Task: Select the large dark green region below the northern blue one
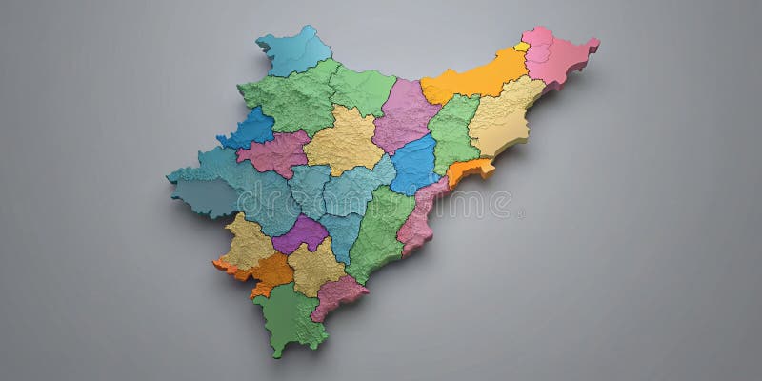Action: tap(291, 100)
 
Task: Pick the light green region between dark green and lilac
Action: tap(362, 90)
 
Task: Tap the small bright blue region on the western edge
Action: tap(250, 129)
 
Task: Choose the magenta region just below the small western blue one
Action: tap(274, 154)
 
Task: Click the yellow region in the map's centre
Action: tap(345, 141)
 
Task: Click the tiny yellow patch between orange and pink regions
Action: tap(522, 46)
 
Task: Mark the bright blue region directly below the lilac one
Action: tap(415, 164)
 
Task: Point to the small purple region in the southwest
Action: tap(300, 233)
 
